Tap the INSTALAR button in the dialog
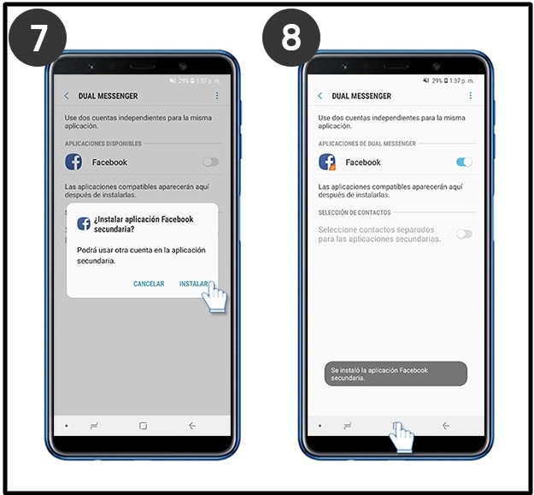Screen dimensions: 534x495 tap(193, 284)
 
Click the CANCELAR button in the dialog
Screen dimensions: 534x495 tap(149, 284)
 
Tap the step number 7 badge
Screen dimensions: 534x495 tap(38, 38)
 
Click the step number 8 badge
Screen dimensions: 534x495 tap(291, 38)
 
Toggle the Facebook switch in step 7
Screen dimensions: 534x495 tap(211, 162)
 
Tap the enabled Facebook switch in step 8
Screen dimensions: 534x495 tap(465, 162)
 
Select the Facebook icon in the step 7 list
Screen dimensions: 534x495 tap(73, 162)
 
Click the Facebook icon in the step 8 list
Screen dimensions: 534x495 tap(327, 162)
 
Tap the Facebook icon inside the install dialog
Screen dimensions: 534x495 tap(84, 224)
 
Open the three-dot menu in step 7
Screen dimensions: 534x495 tap(217, 96)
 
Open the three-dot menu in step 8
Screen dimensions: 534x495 tap(470, 96)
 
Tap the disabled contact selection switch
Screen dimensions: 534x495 tap(465, 234)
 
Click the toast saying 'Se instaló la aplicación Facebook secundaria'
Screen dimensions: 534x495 tap(396, 374)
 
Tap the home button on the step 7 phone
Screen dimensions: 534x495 tap(143, 426)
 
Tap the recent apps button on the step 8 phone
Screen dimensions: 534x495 tap(348, 426)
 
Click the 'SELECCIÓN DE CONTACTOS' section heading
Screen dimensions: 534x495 tap(355, 213)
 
